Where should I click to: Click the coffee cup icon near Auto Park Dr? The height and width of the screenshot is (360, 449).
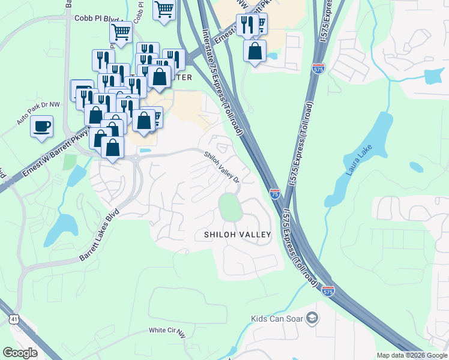(41, 127)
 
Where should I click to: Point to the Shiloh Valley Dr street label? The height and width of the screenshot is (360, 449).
(222, 167)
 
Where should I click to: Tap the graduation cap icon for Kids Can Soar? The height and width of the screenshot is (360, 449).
(312, 317)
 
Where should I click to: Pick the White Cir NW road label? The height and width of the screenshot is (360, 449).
(168, 331)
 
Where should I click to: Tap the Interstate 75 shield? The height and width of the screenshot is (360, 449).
(274, 193)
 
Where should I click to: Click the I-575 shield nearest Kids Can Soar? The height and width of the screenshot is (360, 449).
(328, 290)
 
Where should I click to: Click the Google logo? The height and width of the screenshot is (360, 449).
(20, 353)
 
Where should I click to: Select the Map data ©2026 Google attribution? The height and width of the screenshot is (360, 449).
(412, 355)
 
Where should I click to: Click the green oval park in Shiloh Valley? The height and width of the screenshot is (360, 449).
(230, 208)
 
